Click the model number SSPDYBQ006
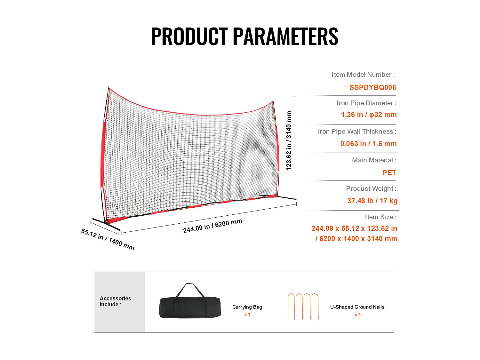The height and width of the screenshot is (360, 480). tap(372, 87)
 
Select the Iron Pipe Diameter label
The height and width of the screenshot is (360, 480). tap(366, 103)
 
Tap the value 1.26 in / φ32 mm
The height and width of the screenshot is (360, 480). tap(369, 115)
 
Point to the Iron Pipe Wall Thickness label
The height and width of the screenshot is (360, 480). tap(357, 132)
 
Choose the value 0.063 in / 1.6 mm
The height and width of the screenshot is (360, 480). tap(368, 144)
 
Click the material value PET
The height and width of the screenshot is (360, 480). tap(389, 173)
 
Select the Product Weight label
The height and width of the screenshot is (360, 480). tap(371, 188)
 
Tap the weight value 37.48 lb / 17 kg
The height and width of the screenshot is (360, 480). tap(372, 201)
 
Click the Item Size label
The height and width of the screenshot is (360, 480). tap(380, 217)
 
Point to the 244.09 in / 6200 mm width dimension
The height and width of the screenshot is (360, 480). tap(212, 226)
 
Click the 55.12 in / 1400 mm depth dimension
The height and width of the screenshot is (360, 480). tap(108, 239)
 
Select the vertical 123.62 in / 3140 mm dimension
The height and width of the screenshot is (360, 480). tap(289, 141)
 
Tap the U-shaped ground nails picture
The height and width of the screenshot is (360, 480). tap(303, 306)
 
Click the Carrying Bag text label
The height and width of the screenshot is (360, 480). tap(247, 307)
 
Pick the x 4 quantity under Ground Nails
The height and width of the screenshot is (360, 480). tap(357, 315)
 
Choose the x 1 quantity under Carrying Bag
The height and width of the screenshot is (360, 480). tap(247, 315)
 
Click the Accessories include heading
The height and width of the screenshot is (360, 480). tap(115, 301)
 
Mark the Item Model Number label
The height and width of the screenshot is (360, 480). tap(363, 75)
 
